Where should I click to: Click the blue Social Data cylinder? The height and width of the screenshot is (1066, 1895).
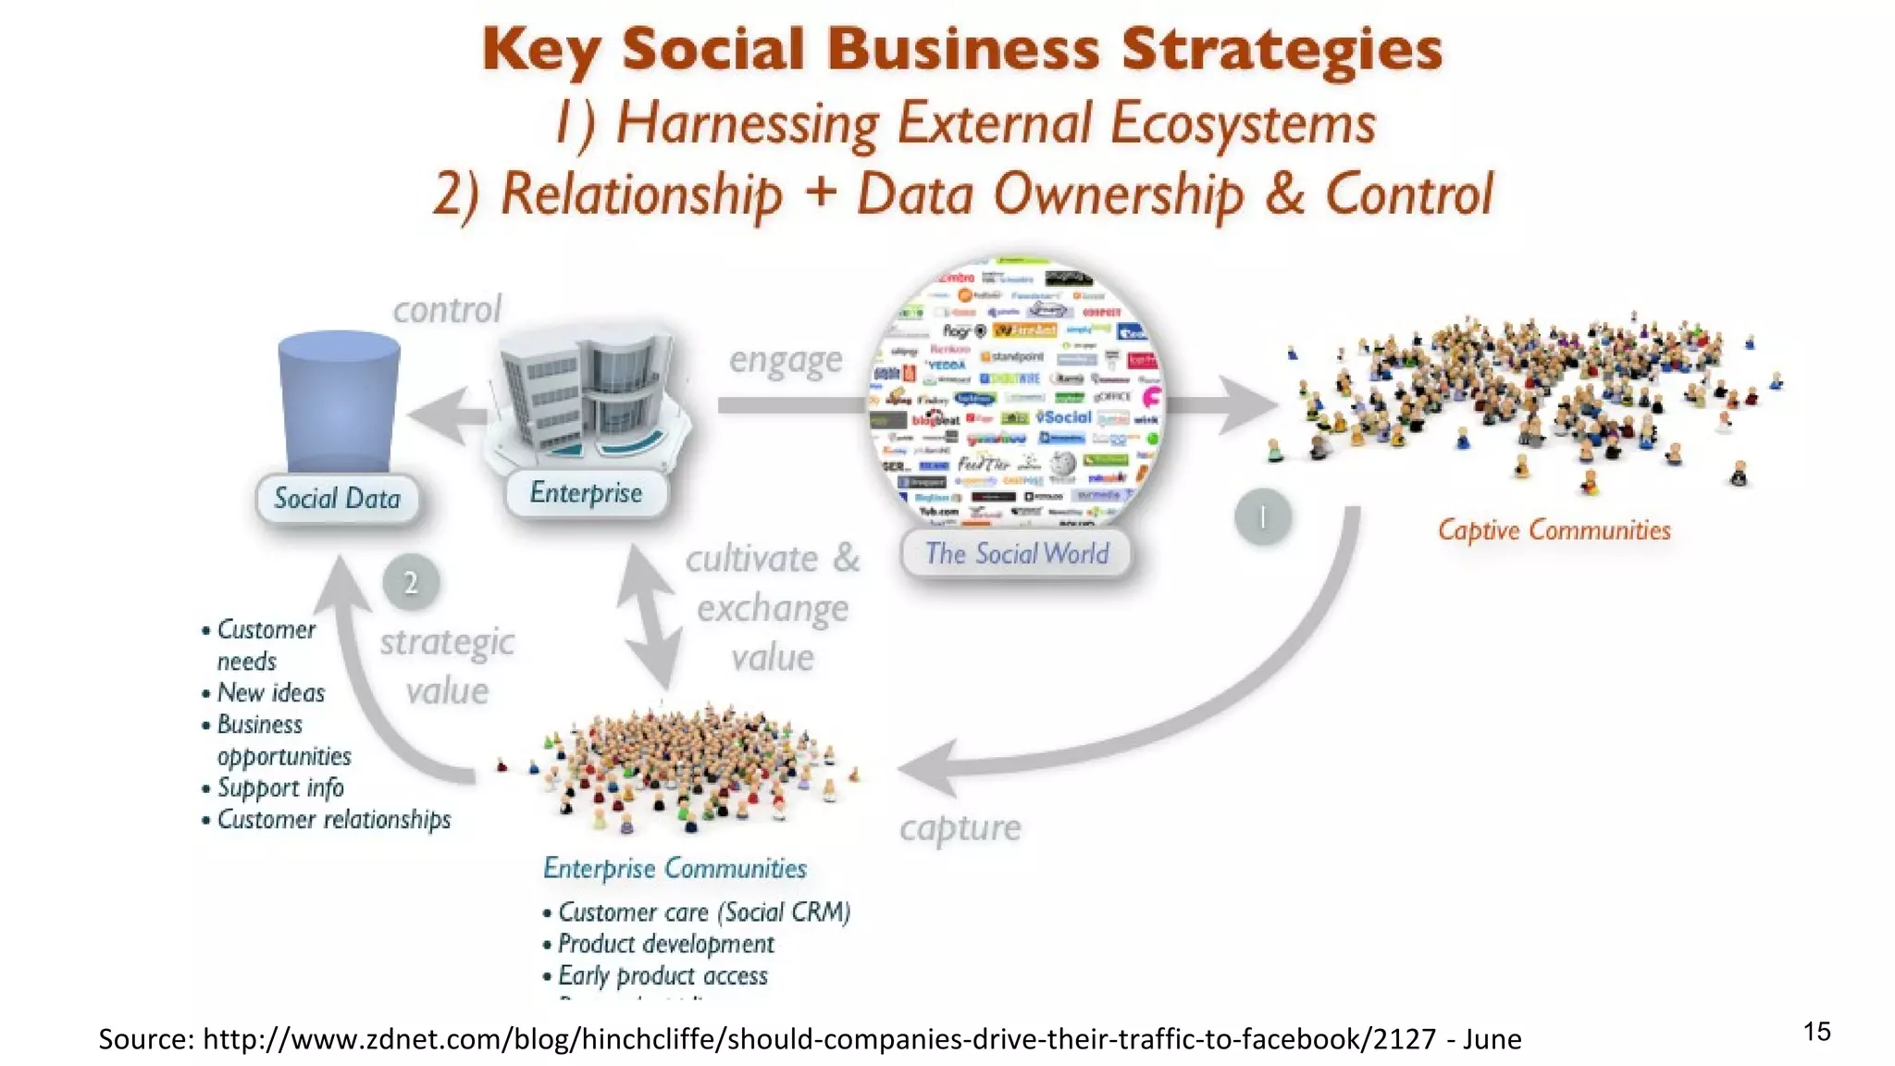pos(339,403)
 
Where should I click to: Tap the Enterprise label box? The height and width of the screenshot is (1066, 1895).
pos(586,493)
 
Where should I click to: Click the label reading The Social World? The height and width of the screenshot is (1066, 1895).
pos(1016,553)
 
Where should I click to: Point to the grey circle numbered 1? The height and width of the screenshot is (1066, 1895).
pos(1262,516)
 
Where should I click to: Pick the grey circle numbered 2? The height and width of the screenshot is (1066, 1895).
pos(411,582)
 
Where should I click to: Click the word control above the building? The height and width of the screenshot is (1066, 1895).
pos(447,310)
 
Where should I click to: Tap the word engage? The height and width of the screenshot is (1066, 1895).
pos(786,360)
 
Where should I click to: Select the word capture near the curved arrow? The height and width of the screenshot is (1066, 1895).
pos(960,828)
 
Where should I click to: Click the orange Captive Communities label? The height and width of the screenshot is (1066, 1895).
pos(1554,530)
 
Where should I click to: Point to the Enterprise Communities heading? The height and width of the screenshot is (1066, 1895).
pos(675,868)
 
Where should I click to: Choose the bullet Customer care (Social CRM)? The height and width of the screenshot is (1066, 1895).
pos(703,912)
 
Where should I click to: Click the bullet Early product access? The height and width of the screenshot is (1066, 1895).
pos(662,975)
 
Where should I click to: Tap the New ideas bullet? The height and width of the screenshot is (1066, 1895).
pos(270,693)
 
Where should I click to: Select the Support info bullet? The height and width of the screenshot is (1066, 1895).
pos(279,787)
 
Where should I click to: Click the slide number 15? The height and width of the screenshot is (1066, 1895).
pos(1816,1032)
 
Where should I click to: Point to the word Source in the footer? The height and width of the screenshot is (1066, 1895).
pos(145,1039)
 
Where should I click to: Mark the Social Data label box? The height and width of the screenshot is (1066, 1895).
pos(337,499)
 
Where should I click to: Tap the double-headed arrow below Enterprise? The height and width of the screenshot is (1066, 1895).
pos(650,615)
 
